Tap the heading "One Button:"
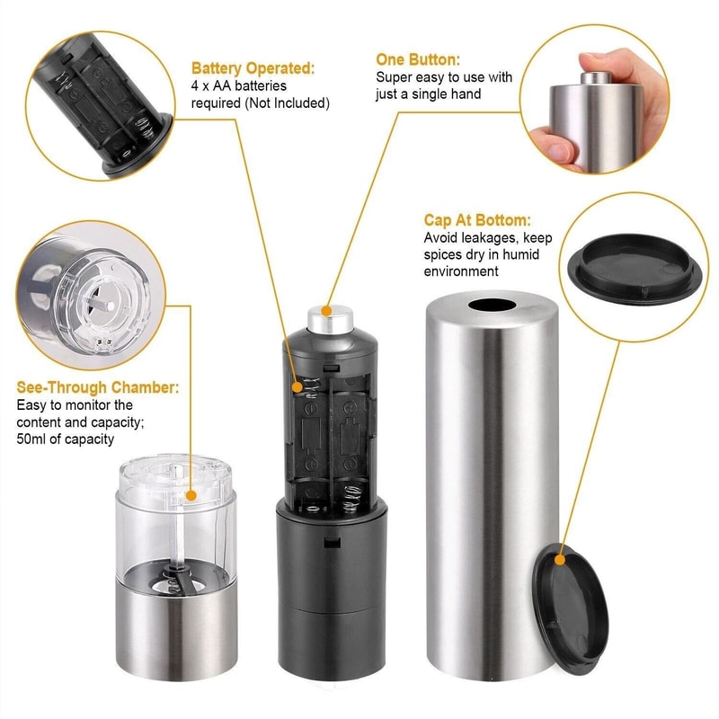(418, 59)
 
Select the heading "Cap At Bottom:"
(477, 221)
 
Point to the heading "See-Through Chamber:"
(98, 387)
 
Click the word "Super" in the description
(394, 77)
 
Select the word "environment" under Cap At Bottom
(460, 271)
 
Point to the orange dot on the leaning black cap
(560, 559)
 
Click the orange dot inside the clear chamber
(191, 494)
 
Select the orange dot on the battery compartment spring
(300, 386)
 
